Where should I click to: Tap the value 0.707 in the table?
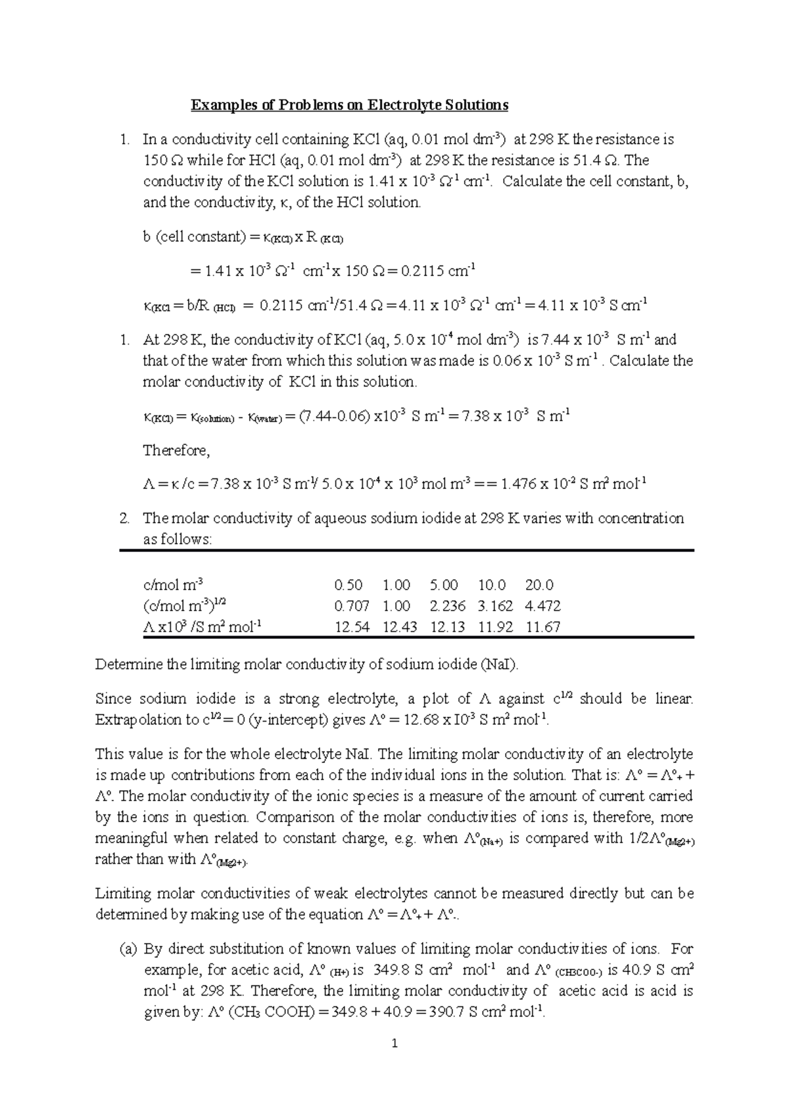(352, 606)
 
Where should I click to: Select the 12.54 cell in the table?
(352, 627)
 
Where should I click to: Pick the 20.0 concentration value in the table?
(539, 585)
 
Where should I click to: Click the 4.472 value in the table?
(543, 606)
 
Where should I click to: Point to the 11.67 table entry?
(543, 627)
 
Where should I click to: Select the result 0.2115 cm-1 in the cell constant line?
(434, 271)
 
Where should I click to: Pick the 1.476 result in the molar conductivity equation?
(519, 485)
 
